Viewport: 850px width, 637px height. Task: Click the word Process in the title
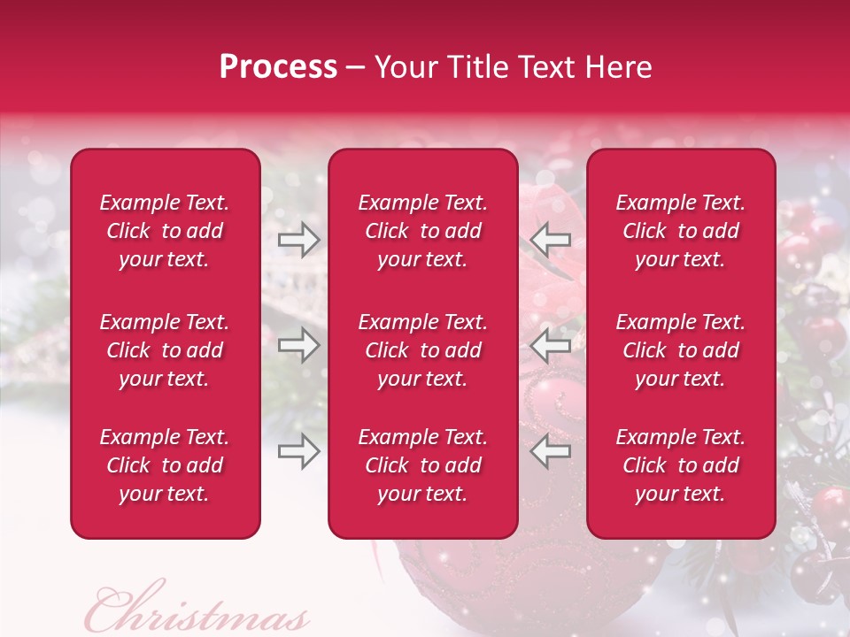coord(278,67)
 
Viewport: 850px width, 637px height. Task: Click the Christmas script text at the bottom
coord(197,610)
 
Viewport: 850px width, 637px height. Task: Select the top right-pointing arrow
coord(299,240)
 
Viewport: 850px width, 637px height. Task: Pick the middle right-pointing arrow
coord(299,345)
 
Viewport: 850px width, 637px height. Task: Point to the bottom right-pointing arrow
coord(299,451)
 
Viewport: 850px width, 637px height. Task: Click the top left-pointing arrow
coord(551,240)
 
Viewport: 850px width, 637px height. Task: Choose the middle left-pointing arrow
coord(551,345)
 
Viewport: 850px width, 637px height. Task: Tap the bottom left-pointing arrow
coord(551,451)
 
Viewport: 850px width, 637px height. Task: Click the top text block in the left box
coord(165,231)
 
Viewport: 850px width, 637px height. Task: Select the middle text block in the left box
coord(165,350)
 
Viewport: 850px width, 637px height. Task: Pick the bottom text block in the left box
coord(165,465)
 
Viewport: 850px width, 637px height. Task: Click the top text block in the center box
coord(423,231)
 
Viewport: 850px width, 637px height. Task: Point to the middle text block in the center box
coord(423,350)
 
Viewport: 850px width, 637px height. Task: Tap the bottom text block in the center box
coord(423,465)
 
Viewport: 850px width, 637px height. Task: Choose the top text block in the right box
coord(681,231)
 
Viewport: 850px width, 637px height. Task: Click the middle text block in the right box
coord(681,350)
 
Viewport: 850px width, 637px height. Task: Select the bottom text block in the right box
coord(681,465)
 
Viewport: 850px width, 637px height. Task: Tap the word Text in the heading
coord(545,67)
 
